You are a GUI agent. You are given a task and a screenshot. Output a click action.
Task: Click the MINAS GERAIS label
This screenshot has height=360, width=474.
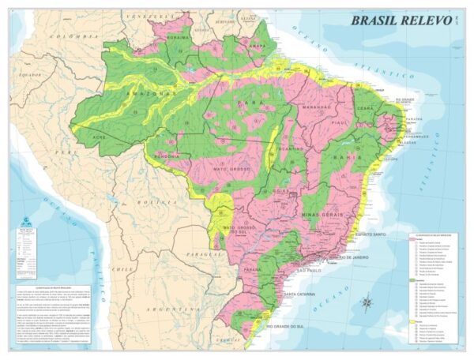point(324,213)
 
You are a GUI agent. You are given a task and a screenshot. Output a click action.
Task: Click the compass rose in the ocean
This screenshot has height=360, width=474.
point(367,302)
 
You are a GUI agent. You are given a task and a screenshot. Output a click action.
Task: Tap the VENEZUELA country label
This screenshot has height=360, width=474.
point(150,15)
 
